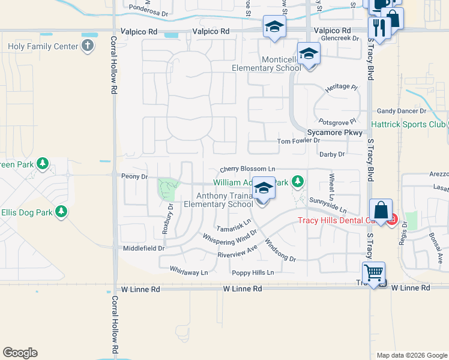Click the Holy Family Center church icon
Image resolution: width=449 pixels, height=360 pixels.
coord(88,46)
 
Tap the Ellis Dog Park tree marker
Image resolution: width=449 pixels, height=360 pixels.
coord(61,211)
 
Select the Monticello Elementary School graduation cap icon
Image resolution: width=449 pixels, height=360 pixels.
coord(309,55)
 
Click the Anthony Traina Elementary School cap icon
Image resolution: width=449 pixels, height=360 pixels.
coord(263,189)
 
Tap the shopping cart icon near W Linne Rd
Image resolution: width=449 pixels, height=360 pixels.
coord(373,273)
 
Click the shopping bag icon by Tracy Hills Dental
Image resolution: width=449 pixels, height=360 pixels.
coord(381,211)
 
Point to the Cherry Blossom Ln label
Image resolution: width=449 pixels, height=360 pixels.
coord(247,170)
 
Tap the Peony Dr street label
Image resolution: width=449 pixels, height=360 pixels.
coord(134,176)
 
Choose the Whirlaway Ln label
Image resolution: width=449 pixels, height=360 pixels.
coord(188,272)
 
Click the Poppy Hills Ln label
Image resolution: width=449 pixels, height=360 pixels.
coord(253,272)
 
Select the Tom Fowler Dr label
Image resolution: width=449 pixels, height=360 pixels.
coord(298,141)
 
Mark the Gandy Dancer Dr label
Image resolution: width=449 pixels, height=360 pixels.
coord(402,111)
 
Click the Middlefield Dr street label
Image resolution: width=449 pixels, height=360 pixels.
coord(143,248)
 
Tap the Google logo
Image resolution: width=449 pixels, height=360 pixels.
coord(20,353)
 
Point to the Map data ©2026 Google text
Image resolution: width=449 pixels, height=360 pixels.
coord(411,355)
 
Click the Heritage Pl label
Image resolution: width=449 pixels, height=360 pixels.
coord(341,87)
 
